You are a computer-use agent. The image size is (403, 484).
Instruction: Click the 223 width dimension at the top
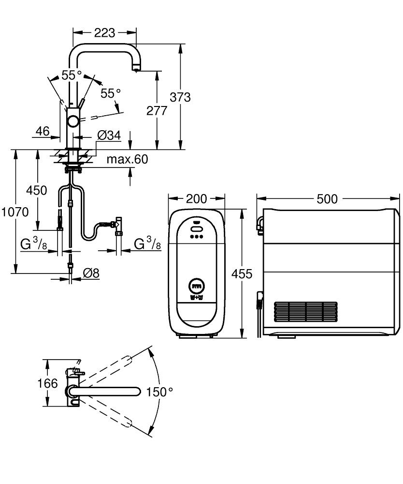coord(104,33)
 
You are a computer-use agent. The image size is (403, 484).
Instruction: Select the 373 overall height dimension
coord(181,97)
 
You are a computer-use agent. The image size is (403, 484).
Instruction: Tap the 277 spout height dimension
coord(157,110)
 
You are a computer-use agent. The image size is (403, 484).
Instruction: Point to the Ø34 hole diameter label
coord(108,136)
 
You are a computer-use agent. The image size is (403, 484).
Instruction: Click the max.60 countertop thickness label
coord(127,159)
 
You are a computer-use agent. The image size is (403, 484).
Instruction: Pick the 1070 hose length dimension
coord(14,212)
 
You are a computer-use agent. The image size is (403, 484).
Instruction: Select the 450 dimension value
coord(37,190)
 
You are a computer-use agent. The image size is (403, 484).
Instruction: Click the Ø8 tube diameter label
coord(91,273)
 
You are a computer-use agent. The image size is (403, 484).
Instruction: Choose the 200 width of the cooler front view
coord(196,199)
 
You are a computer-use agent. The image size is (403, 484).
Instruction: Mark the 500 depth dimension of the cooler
coord(327,199)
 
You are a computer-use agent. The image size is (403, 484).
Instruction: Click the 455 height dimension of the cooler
coord(242,274)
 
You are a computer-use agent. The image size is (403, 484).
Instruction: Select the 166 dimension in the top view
coord(48,384)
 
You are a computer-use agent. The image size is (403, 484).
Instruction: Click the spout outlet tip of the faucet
coord(136,70)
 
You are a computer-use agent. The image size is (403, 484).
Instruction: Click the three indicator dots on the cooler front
coord(196,237)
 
